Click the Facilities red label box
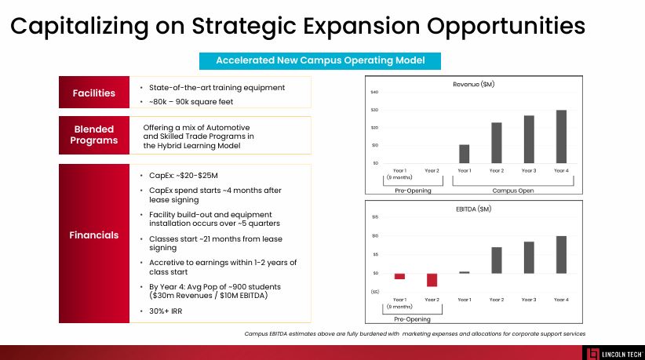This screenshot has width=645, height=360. [x=94, y=93]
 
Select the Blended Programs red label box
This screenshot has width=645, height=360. [x=94, y=135]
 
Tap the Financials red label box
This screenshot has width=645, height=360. [x=94, y=235]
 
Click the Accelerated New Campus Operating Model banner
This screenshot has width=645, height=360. [x=320, y=60]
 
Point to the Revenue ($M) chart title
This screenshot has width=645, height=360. [x=473, y=84]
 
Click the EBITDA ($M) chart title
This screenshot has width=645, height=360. [x=473, y=209]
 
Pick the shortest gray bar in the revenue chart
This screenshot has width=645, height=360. [x=464, y=154]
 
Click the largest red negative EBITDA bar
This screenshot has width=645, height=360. [x=432, y=280]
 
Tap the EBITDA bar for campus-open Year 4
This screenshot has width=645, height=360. [x=561, y=254]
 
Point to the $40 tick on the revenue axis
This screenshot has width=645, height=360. [x=374, y=93]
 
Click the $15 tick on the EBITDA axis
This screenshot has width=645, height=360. [x=375, y=217]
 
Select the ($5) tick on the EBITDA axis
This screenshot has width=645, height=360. [x=374, y=292]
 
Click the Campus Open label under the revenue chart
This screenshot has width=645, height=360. [x=511, y=191]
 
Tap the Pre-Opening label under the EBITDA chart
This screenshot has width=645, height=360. [x=412, y=319]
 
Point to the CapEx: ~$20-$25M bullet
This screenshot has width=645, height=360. [x=182, y=176]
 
